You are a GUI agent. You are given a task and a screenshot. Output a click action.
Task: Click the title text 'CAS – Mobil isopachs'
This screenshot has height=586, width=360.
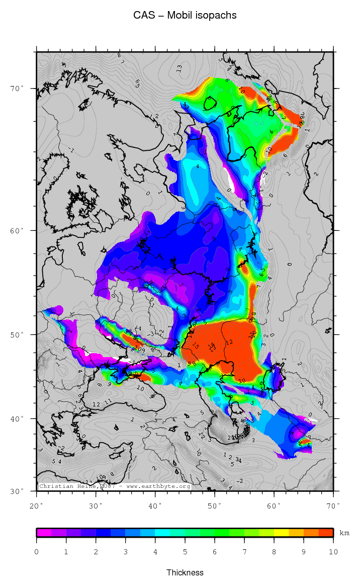pos(185,16)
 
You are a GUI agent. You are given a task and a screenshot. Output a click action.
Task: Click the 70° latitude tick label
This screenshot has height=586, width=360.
pos(18,89)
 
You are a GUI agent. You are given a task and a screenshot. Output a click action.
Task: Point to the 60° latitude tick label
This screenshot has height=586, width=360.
pos(18,231)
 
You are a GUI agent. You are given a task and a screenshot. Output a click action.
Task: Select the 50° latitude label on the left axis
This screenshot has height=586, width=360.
pos(18,334)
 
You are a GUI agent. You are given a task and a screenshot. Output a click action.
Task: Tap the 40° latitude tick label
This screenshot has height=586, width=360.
pos(18,418)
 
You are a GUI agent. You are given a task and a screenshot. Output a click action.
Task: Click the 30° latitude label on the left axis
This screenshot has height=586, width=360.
pos(18,491)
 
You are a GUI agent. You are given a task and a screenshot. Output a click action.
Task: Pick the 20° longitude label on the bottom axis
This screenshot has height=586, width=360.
pos(37,505)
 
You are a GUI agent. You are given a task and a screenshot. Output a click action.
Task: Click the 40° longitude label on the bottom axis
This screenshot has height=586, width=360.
pos(155,505)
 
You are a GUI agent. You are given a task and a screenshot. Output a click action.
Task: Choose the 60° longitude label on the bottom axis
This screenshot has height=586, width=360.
pos(274,505)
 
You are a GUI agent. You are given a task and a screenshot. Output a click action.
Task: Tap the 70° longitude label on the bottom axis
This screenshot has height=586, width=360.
pos(333,505)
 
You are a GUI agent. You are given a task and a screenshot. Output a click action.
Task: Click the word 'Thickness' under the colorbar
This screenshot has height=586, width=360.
pos(185,572)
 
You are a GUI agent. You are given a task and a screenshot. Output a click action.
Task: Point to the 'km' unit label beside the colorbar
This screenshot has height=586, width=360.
pos(344,532)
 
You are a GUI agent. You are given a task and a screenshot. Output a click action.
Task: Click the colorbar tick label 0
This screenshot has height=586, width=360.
pos(37,552)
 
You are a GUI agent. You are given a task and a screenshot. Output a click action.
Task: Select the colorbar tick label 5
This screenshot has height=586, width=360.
pos(185,552)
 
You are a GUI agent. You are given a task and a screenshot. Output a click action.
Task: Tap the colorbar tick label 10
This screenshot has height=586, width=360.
pos(333,552)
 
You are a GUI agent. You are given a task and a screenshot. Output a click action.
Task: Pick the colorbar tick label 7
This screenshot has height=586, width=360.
pos(244,552)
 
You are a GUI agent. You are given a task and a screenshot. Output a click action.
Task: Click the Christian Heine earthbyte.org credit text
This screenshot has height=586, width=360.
pos(115,486)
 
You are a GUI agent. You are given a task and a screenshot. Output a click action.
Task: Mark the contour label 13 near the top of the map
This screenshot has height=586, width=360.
pos(179,68)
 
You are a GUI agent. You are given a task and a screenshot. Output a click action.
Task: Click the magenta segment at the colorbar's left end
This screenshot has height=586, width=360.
pos(44,533)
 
